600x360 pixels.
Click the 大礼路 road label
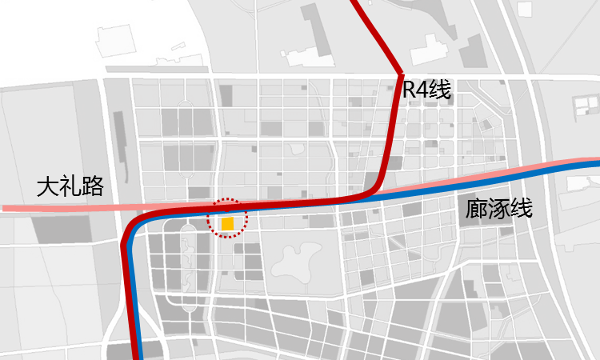point(70,188)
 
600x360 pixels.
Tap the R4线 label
point(427,90)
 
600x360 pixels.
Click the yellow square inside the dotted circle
point(228,224)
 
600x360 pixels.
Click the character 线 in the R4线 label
point(440,90)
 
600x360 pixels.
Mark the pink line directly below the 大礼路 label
point(70,208)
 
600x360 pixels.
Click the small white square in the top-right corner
point(524,10)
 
